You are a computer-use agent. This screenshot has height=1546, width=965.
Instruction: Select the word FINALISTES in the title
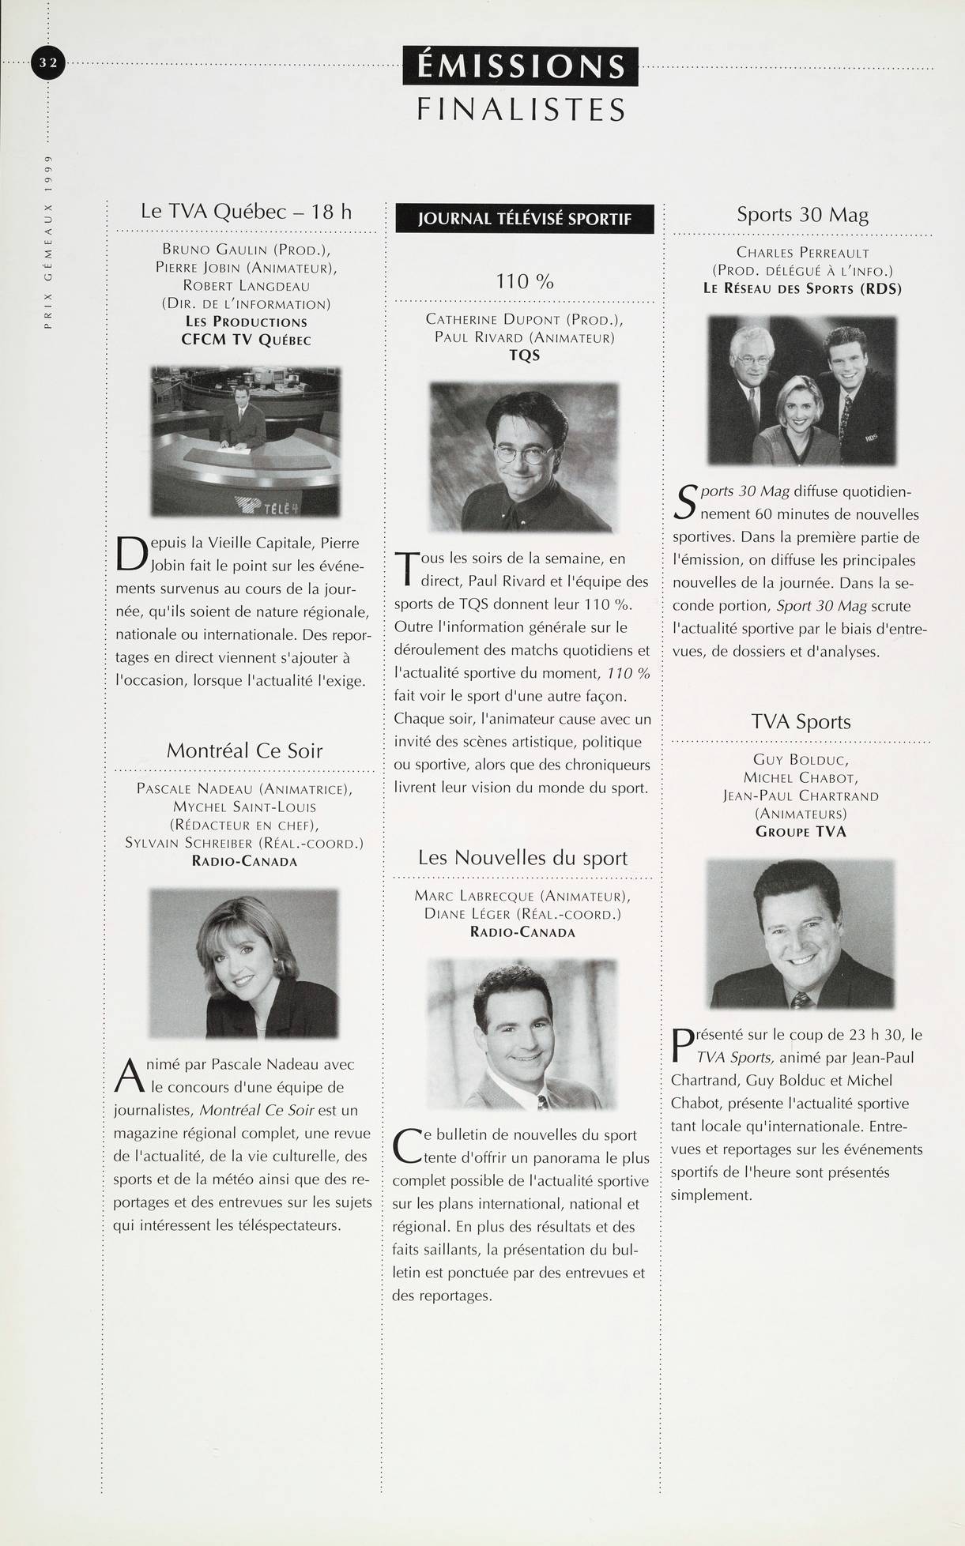click(x=521, y=108)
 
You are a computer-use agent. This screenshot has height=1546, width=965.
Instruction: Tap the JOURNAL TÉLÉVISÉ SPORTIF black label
click(x=525, y=219)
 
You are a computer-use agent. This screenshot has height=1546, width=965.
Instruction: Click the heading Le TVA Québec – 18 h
click(x=246, y=211)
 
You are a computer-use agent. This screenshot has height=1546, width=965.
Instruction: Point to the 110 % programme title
click(x=525, y=280)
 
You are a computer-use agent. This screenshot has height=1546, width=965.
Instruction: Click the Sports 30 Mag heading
click(x=802, y=214)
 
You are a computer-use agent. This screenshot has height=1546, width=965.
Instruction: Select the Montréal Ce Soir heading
click(x=244, y=750)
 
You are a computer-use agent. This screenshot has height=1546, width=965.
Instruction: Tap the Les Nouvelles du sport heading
click(x=523, y=857)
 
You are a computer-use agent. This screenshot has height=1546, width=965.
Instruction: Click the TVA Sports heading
click(x=801, y=721)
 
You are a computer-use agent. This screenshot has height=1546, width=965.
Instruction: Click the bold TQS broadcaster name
click(x=525, y=355)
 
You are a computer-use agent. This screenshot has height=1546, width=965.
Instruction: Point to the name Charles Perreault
click(x=802, y=253)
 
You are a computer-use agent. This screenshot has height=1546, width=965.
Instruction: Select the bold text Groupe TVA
click(x=801, y=831)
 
